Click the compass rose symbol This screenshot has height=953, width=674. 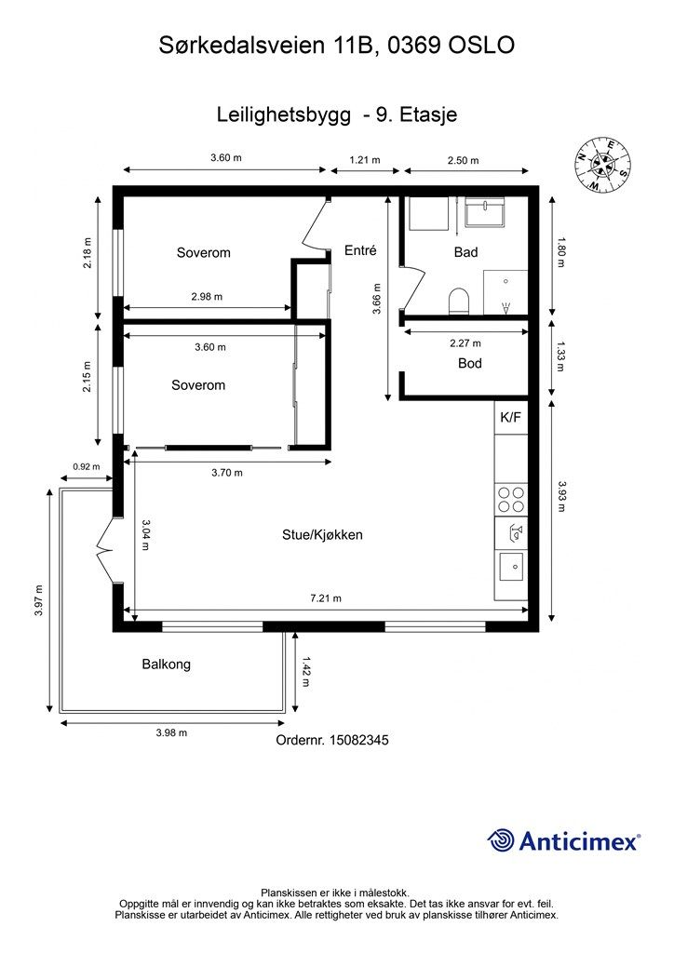click(603, 165)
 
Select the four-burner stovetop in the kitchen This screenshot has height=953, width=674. click(511, 500)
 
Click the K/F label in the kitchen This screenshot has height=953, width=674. click(510, 418)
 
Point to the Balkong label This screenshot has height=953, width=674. click(166, 664)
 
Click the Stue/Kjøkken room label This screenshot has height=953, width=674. click(322, 535)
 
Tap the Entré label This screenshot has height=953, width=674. click(360, 249)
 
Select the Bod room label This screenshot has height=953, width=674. click(470, 363)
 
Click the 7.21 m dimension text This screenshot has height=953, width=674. click(326, 598)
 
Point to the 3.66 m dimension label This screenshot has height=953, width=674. click(377, 299)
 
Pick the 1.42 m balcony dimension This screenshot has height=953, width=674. click(305, 672)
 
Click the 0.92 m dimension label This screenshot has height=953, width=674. click(87, 467)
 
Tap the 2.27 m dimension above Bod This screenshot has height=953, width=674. click(465, 343)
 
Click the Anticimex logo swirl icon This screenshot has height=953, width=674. click(501, 840)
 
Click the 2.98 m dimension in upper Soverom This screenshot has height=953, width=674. click(207, 297)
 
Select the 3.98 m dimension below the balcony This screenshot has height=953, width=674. click(171, 732)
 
